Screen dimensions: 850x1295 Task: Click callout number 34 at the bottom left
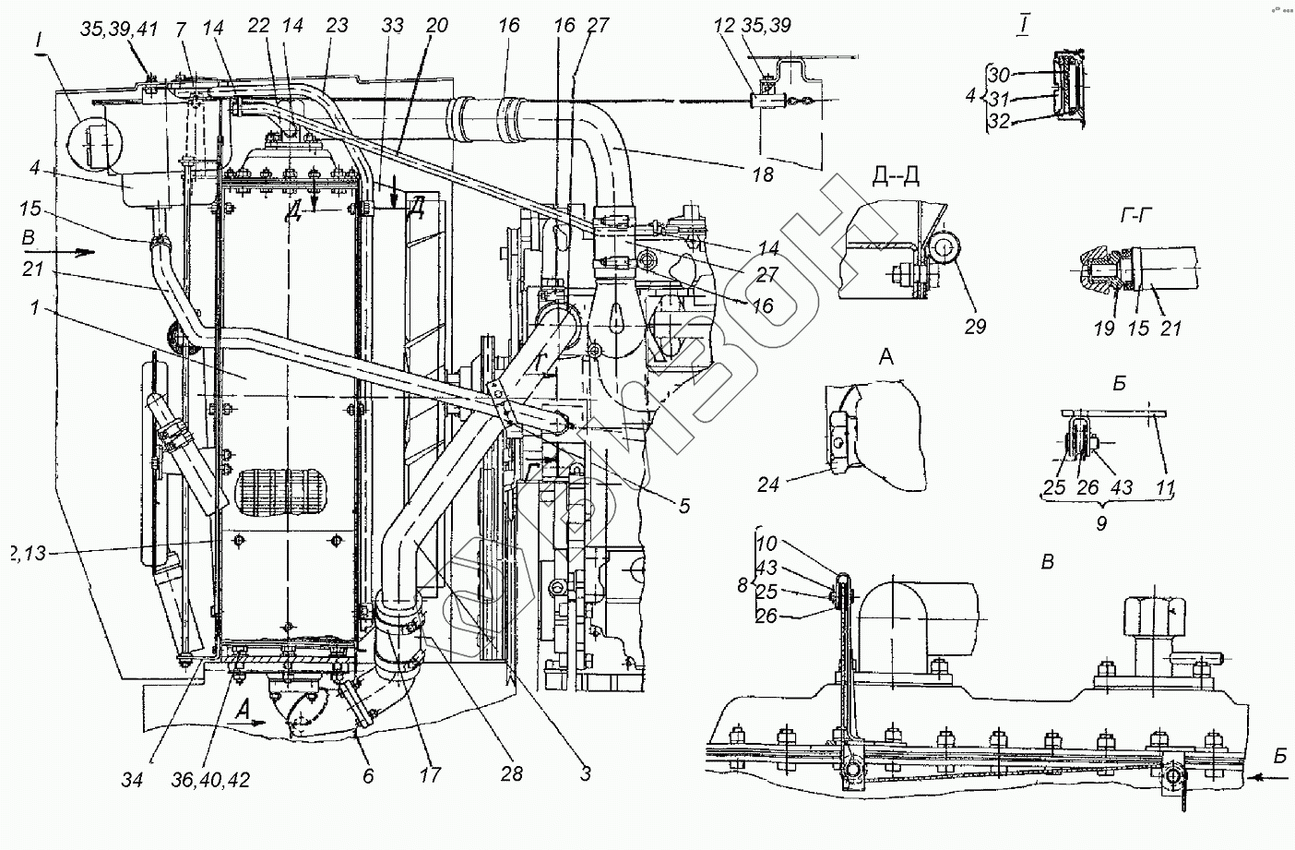[x=133, y=779]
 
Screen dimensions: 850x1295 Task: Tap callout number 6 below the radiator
[x=367, y=776]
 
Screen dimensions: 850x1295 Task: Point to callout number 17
[x=431, y=775]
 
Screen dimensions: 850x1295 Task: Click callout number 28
[x=512, y=773]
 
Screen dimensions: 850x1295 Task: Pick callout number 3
[x=586, y=773]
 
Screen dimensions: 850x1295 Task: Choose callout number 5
[x=683, y=506]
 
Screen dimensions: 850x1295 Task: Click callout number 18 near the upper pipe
[x=762, y=174]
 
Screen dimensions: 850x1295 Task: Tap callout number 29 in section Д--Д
[x=975, y=326]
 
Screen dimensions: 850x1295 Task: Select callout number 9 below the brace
[x=1100, y=522]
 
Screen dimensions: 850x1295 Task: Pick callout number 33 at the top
[x=393, y=27]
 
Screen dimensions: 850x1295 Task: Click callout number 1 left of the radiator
[x=34, y=309]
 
